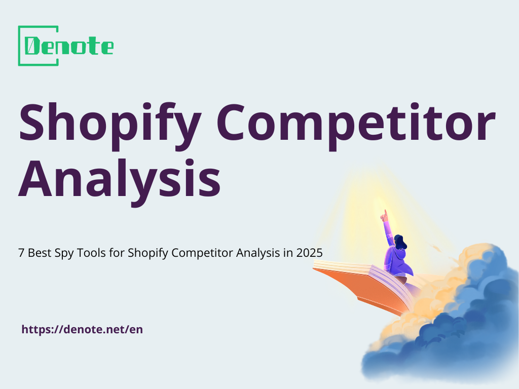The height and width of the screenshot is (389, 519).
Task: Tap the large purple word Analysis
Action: pyautogui.click(x=120, y=178)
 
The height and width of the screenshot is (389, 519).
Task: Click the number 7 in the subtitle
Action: pyautogui.click(x=21, y=254)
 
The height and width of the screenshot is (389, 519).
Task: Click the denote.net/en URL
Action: pyautogui.click(x=82, y=329)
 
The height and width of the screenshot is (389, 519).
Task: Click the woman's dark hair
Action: pyautogui.click(x=400, y=242)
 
